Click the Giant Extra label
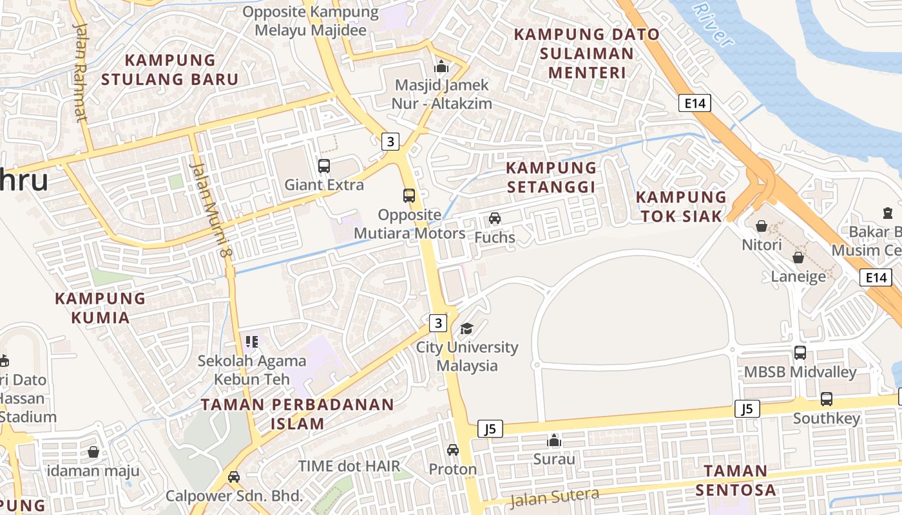tap(324, 185)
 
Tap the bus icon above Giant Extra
tap(324, 166)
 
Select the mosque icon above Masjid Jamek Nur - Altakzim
tap(441, 66)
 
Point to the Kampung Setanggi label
tap(552, 177)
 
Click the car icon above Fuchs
tap(495, 218)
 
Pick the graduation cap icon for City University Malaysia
tap(466, 329)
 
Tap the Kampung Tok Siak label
tap(682, 207)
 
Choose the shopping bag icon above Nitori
tap(762, 226)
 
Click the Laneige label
tap(798, 277)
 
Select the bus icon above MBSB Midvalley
tap(800, 353)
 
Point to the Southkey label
tap(826, 418)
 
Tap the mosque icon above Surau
tap(553, 441)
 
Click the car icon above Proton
tap(453, 450)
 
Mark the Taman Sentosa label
tap(735, 480)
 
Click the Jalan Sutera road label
tap(554, 497)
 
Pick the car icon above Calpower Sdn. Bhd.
tap(234, 477)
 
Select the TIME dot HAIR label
tap(349, 465)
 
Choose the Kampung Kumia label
tap(100, 308)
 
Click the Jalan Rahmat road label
tap(81, 72)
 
